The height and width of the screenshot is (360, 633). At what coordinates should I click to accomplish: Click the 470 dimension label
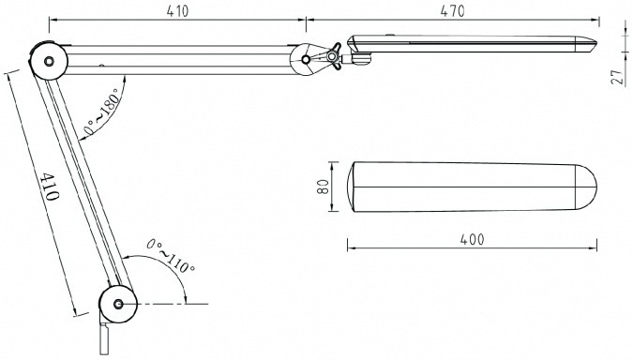pyautogui.click(x=452, y=11)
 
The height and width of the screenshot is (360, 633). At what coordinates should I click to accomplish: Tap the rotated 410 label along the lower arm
pyautogui.click(x=51, y=187)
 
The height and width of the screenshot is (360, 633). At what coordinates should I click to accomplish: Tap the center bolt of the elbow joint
pyautogui.click(x=49, y=61)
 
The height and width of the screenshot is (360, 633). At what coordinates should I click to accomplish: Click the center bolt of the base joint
pyautogui.click(x=118, y=304)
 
